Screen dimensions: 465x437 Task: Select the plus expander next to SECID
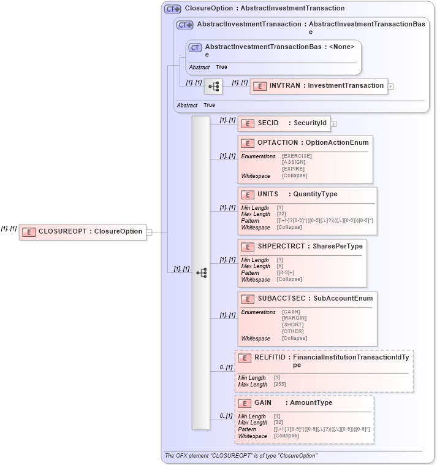(x=334, y=124)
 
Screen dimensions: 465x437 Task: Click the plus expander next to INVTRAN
(x=391, y=86)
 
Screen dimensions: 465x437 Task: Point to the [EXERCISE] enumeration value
(x=297, y=156)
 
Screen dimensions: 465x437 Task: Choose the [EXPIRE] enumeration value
(x=293, y=169)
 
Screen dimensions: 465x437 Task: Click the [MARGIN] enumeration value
(x=294, y=318)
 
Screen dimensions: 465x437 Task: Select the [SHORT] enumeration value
(x=292, y=325)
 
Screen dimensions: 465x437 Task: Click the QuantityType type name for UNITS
(x=315, y=194)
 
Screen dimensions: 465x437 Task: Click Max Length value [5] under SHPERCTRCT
(x=280, y=266)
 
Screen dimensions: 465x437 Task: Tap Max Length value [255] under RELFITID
(x=279, y=385)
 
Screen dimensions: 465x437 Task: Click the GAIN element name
(x=263, y=403)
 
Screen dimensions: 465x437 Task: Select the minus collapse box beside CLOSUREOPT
(x=149, y=233)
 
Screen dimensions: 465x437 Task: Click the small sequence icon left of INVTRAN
(x=213, y=86)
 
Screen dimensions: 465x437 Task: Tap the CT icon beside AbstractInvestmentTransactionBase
(x=195, y=47)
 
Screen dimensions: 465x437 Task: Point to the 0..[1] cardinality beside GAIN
(x=226, y=417)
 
